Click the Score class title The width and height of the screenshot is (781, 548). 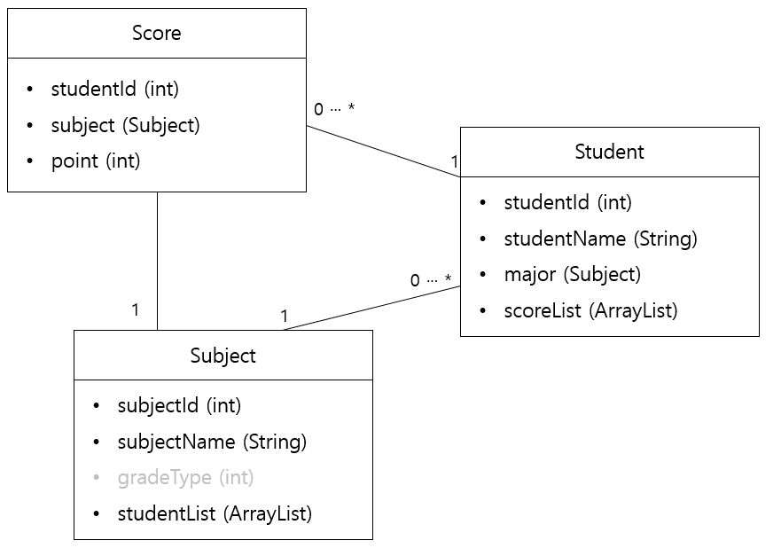156,34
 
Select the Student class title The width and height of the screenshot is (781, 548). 609,152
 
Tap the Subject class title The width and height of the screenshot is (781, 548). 223,356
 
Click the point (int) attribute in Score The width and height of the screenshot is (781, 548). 96,161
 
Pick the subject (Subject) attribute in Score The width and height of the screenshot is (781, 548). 125,126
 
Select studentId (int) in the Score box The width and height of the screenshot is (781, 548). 115,90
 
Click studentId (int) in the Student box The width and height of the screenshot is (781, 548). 567,203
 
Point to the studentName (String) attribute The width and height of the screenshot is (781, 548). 600,239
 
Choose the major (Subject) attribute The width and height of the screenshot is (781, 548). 572,275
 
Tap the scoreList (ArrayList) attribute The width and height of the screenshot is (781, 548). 590,311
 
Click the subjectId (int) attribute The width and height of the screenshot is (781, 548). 179,406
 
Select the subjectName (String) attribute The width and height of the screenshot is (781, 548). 212,442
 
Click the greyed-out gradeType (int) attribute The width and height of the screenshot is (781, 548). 185,478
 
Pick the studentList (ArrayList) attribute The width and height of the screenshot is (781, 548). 215,513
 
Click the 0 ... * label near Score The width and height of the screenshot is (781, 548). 333,110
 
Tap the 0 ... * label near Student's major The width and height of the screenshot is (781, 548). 430,280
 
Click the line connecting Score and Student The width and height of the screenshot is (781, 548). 383,151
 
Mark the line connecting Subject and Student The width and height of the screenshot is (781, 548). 372,308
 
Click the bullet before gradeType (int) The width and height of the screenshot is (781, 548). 97,478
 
